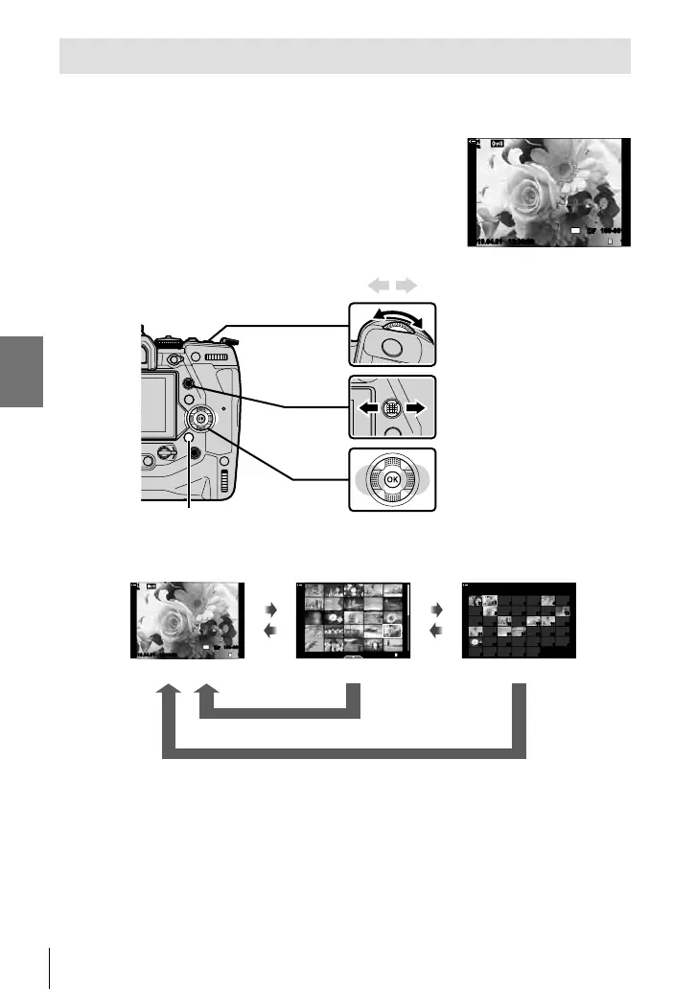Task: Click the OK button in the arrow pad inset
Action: click(x=391, y=478)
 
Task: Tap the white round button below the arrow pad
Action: click(x=189, y=441)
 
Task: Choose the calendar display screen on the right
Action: click(x=518, y=620)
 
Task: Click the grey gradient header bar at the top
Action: click(x=345, y=57)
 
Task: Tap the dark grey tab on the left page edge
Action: click(x=21, y=370)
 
